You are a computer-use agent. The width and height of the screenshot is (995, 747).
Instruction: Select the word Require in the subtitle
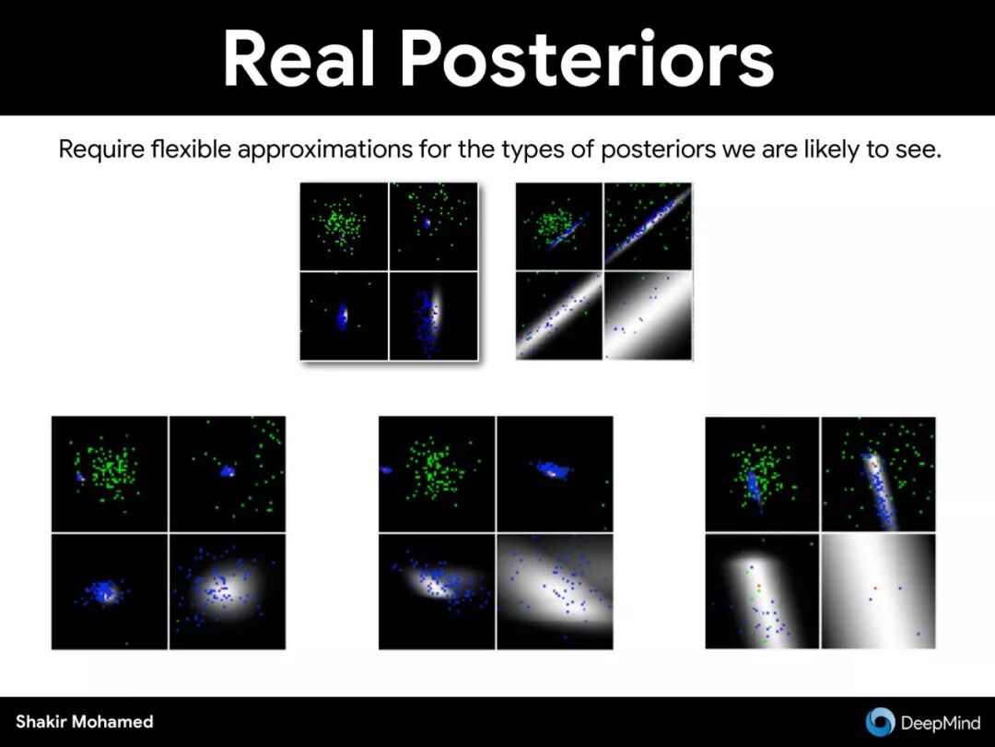(x=101, y=150)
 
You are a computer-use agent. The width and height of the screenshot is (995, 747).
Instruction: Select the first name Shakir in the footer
(x=40, y=721)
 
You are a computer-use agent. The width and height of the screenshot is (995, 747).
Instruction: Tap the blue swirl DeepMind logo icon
(x=880, y=721)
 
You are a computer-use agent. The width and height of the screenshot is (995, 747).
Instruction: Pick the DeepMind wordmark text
(x=940, y=722)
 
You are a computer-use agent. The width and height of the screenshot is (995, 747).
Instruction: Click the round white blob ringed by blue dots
(x=226, y=587)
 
